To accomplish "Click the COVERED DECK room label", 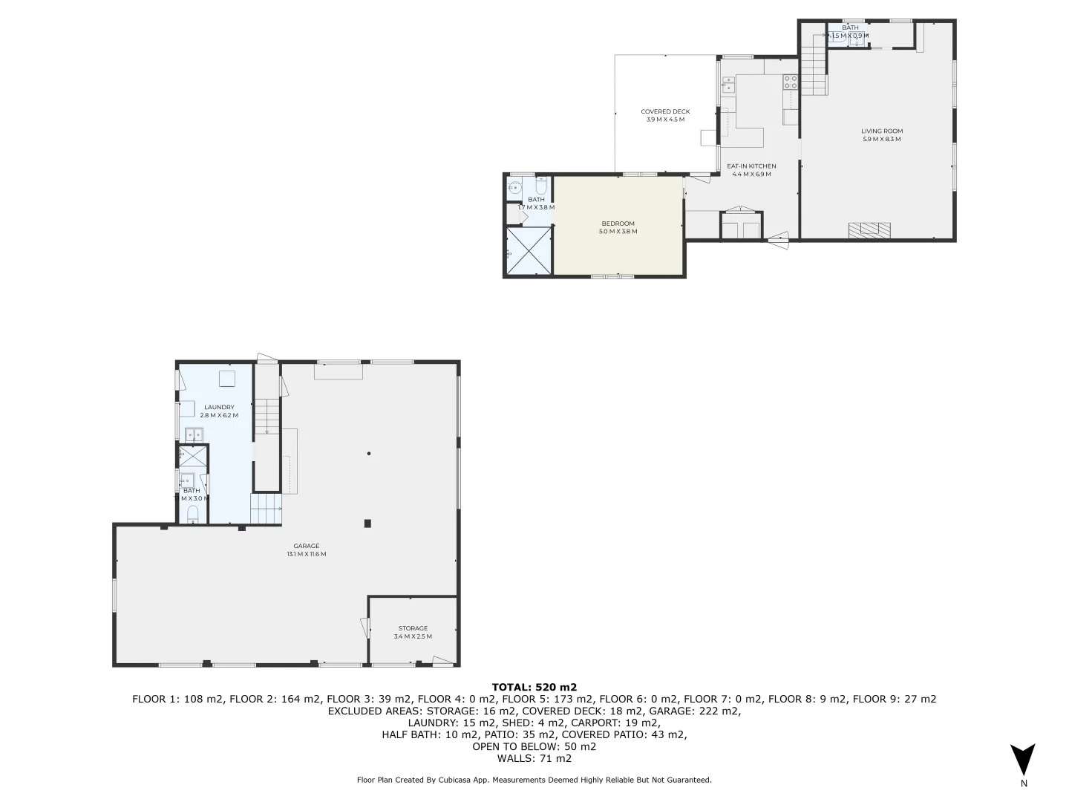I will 665,112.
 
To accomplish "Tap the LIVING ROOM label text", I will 882,131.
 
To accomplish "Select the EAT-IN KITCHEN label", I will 751,166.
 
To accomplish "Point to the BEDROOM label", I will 618,224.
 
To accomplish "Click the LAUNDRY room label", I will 219,407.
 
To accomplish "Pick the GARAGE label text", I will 306,546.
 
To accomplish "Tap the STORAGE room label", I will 413,628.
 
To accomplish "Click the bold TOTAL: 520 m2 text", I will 534,687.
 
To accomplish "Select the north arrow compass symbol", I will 1023,760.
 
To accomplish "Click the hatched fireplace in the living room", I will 869,230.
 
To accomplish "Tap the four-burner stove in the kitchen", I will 790,82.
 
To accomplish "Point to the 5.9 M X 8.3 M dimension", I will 882,140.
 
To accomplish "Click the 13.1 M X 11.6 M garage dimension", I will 306,554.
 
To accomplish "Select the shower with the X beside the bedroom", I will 529,251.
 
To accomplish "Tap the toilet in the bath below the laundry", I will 193,514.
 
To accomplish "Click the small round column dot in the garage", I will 368,454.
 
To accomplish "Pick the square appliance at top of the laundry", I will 227,379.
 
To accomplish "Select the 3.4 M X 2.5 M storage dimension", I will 413,636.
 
